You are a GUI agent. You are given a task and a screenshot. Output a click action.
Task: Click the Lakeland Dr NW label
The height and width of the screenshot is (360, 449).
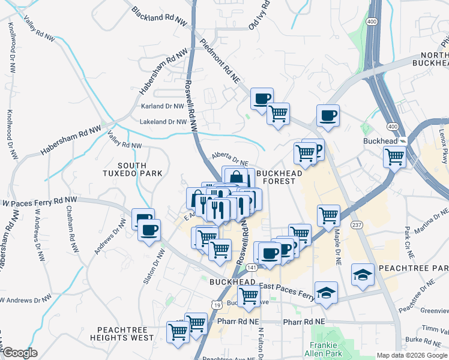[163, 122]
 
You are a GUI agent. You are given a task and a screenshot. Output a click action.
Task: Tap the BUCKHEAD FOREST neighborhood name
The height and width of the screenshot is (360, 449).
[276, 176]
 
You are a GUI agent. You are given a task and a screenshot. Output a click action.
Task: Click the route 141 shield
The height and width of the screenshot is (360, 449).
[252, 266]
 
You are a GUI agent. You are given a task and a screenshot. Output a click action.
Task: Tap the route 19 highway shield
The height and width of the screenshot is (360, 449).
[215, 305]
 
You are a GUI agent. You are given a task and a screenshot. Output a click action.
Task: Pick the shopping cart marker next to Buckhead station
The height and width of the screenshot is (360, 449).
[394, 157]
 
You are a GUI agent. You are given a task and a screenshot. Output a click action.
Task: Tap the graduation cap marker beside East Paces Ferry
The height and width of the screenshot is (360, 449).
[325, 293]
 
